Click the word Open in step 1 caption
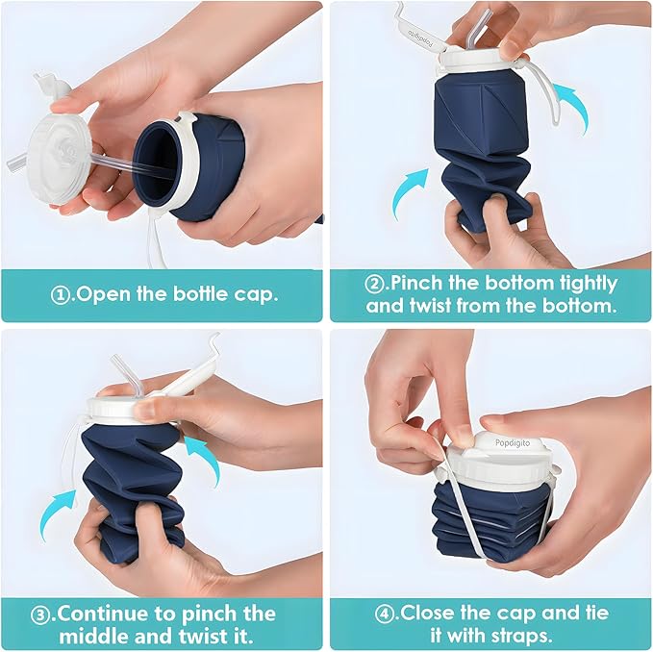[x=104, y=294]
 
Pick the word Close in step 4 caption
[x=429, y=614]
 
